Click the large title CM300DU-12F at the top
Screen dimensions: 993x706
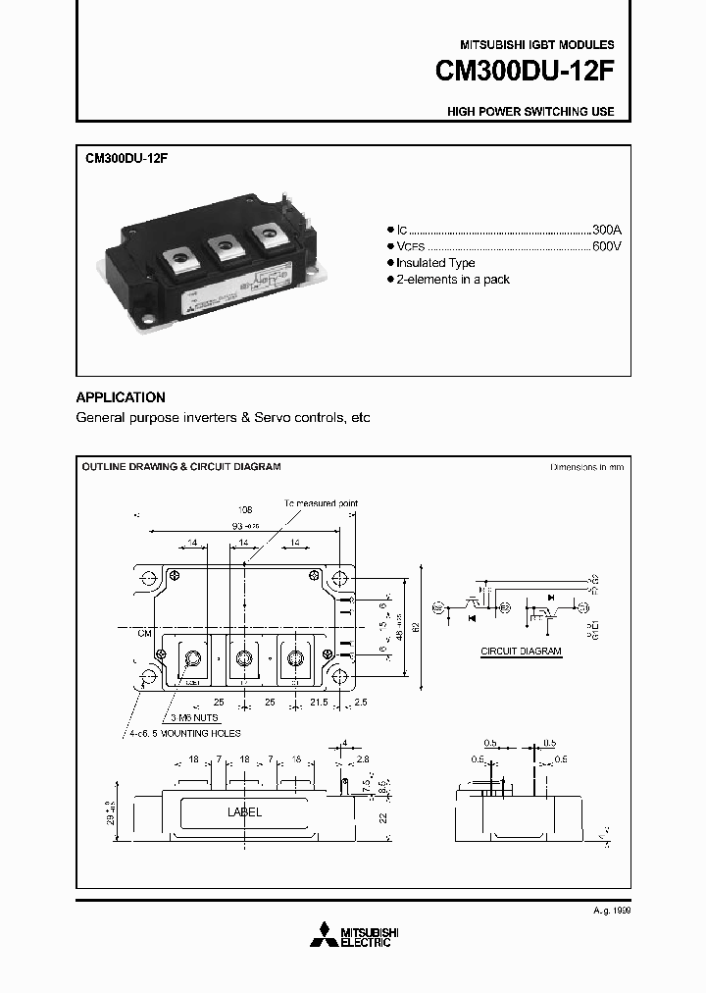click(x=525, y=74)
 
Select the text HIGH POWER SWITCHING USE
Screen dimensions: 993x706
click(x=530, y=112)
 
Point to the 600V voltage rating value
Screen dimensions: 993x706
click(x=607, y=245)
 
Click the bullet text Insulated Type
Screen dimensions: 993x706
click(x=435, y=263)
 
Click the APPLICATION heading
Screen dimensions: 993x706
click(x=121, y=397)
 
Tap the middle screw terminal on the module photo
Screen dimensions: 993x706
click(x=222, y=242)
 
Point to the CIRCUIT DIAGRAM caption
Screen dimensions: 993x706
click(x=521, y=651)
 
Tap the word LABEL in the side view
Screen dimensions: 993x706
click(x=244, y=812)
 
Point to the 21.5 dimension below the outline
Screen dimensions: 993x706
click(x=319, y=704)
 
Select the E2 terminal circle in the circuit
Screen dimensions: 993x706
click(x=505, y=608)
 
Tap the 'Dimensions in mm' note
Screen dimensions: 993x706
click(x=586, y=468)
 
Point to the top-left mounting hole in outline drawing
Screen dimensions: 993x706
click(x=148, y=577)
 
